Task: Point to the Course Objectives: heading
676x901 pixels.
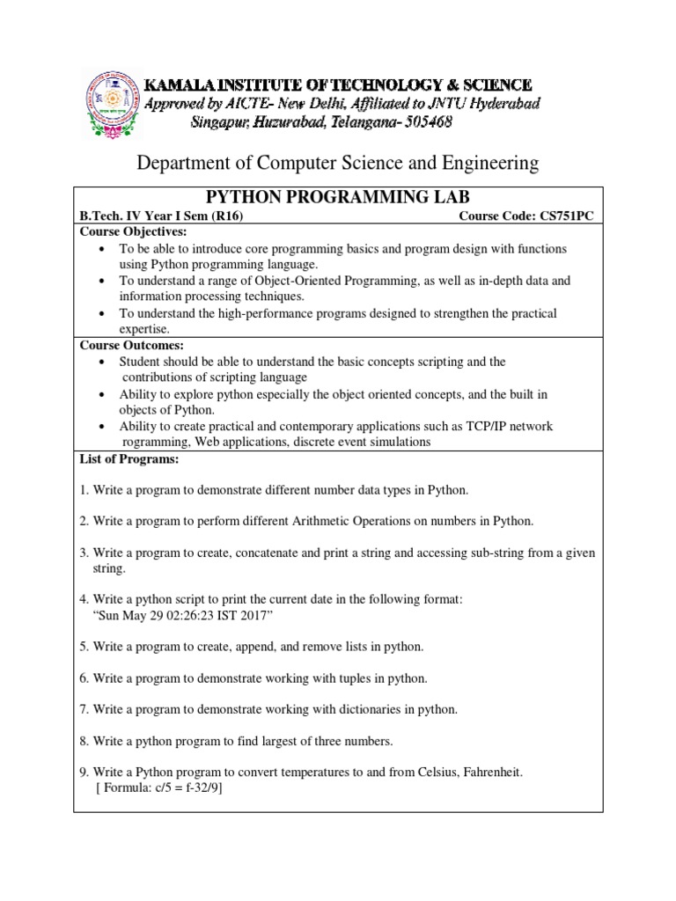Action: pyautogui.click(x=134, y=231)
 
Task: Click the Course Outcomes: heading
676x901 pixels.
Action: pyautogui.click(x=132, y=346)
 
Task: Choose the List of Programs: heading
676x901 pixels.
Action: pyautogui.click(x=129, y=459)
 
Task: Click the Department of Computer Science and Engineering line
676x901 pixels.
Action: pyautogui.click(x=337, y=163)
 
